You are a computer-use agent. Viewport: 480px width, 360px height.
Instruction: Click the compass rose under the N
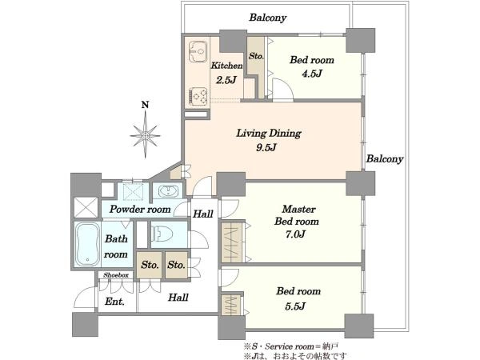[x=146, y=135]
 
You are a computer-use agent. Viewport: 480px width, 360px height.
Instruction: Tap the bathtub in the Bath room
[x=87, y=244]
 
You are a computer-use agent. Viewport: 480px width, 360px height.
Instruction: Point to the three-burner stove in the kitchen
[x=198, y=95]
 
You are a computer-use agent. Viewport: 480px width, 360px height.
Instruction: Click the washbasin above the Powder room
[x=168, y=191]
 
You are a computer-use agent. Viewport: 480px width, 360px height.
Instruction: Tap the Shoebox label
[x=116, y=275]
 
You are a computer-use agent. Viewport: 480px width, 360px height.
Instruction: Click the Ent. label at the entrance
[x=114, y=302]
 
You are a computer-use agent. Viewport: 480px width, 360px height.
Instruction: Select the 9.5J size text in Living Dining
[x=266, y=148]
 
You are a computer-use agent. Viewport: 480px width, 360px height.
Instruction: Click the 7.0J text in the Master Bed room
[x=295, y=234]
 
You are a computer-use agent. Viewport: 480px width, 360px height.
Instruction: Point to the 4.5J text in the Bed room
[x=312, y=74]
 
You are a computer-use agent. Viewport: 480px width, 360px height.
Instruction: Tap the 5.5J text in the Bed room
[x=295, y=306]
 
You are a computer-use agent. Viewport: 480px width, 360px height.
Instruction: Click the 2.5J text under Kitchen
[x=226, y=80]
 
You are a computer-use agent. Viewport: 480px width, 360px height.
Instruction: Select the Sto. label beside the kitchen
[x=256, y=56]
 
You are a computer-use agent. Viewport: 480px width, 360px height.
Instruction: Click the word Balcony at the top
[x=268, y=18]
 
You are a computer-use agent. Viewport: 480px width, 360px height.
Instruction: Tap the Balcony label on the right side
[x=385, y=159]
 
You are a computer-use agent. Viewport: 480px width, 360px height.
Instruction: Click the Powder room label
[x=140, y=210]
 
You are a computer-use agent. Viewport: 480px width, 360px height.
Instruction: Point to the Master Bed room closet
[x=232, y=242]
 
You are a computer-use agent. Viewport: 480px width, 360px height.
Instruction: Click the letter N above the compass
[x=145, y=105]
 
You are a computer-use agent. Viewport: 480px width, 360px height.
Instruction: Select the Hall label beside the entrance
[x=178, y=298]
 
